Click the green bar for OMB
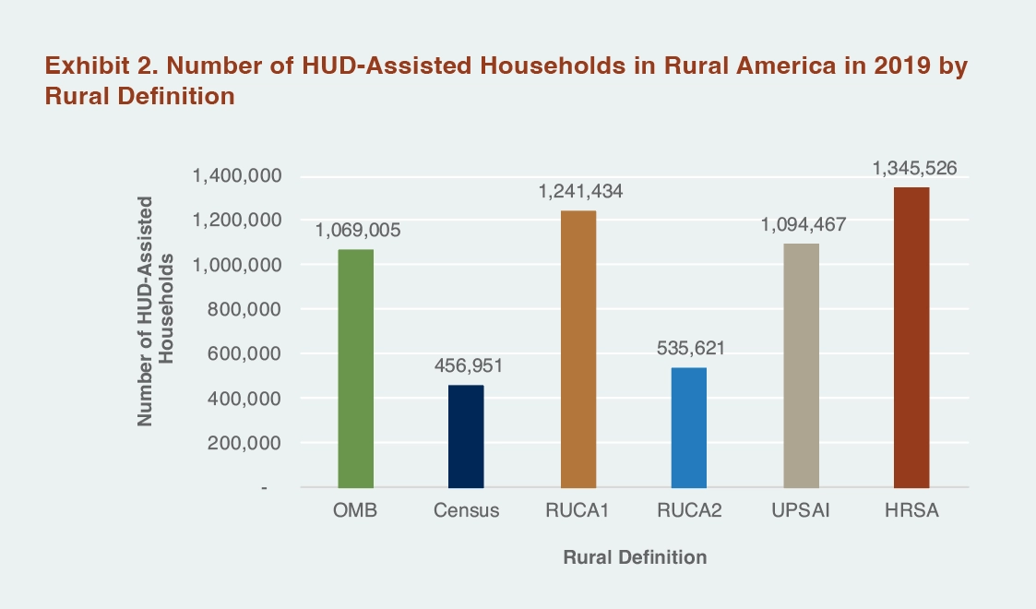[x=355, y=367]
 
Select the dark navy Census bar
[x=466, y=436]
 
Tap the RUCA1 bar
[x=578, y=349]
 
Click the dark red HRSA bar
[x=911, y=337]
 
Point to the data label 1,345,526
[x=911, y=169]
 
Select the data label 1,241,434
[x=578, y=192]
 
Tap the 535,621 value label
[x=689, y=349]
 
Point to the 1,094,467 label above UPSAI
[x=801, y=225]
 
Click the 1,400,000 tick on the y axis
[x=236, y=176]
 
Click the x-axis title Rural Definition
[x=635, y=557]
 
